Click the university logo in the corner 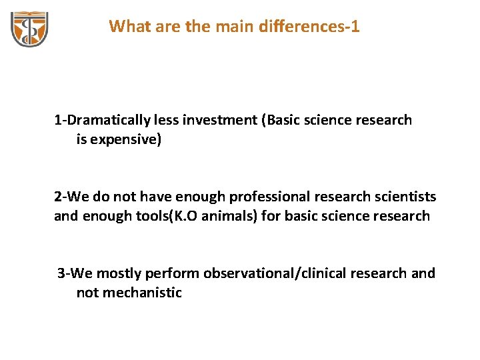(29, 29)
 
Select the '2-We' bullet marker (69, 197)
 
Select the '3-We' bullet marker (73, 273)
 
